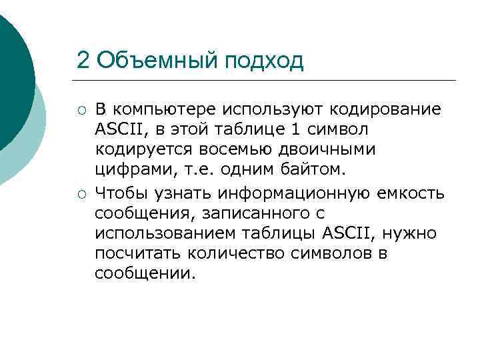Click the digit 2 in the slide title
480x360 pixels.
[x=83, y=61]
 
